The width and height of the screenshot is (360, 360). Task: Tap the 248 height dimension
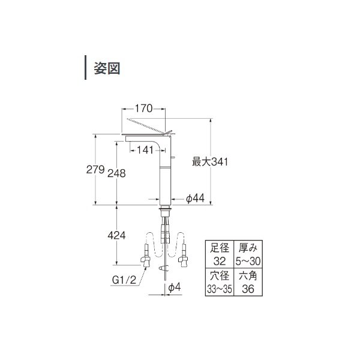[117, 173]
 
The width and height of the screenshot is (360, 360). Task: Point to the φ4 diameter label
[174, 289]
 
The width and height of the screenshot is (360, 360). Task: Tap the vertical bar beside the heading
[85, 68]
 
